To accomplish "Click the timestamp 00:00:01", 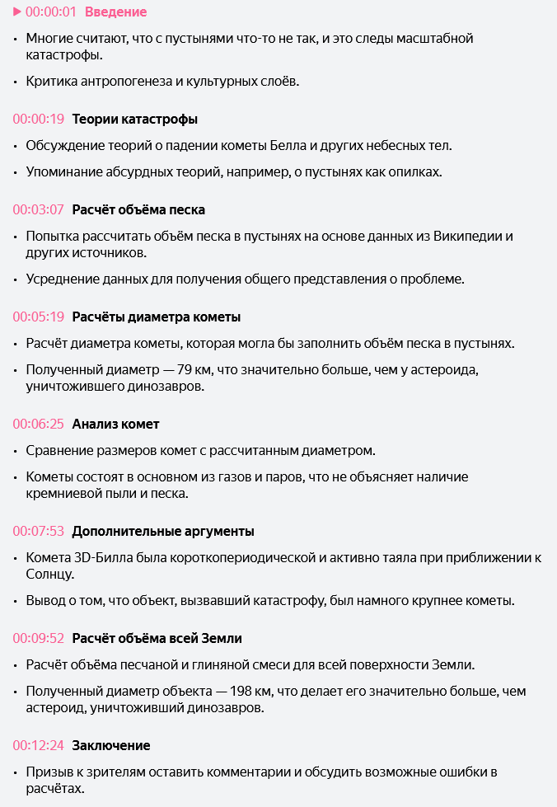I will (51, 12).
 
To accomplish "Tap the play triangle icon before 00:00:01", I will (17, 12).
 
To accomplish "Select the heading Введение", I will (116, 12).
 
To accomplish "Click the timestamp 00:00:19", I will (39, 119).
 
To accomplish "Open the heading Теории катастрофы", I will (135, 119).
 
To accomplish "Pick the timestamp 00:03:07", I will (39, 209).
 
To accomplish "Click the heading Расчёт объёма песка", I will (138, 209).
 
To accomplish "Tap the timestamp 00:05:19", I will (39, 317).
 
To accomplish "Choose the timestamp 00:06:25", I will (39, 424).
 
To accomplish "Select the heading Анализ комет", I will (115, 424).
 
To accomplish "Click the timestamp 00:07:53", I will (39, 531).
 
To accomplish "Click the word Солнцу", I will (50, 574).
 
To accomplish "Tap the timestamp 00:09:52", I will (39, 638).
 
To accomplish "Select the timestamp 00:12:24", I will (39, 745).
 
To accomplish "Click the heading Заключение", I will (111, 745).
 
